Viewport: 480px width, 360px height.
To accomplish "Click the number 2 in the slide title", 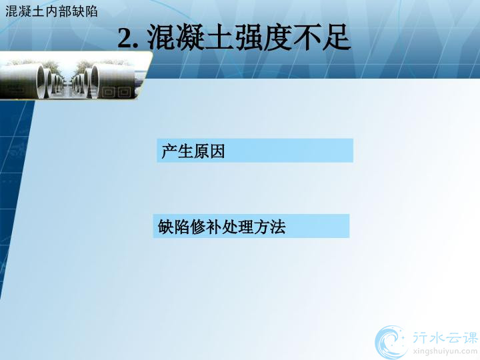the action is (x=125, y=38).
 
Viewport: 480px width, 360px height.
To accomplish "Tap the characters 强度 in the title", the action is (x=263, y=37).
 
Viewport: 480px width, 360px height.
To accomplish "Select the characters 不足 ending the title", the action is (x=321, y=37).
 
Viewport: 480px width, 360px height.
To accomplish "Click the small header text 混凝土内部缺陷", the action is (x=51, y=11).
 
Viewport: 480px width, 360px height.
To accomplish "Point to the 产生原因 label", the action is (x=193, y=151).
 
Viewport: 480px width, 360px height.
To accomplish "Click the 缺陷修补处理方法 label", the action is (x=222, y=227).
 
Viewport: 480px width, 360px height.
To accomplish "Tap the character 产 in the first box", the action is (x=169, y=151).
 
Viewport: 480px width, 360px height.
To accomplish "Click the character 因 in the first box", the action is (x=217, y=151).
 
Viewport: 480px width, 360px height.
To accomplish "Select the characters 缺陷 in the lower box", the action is (x=173, y=227).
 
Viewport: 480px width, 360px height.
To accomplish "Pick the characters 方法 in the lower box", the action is (x=270, y=227).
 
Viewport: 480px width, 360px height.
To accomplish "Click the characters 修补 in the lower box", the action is (x=205, y=227).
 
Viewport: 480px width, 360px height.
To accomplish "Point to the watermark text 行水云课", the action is (x=445, y=338).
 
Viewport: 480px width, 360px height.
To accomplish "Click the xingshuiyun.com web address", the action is (x=445, y=351).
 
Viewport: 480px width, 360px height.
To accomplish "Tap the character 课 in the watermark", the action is (x=469, y=338).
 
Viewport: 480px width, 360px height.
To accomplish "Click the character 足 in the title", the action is (x=336, y=37).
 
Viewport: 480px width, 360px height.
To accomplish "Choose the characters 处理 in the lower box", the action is (x=237, y=227).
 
